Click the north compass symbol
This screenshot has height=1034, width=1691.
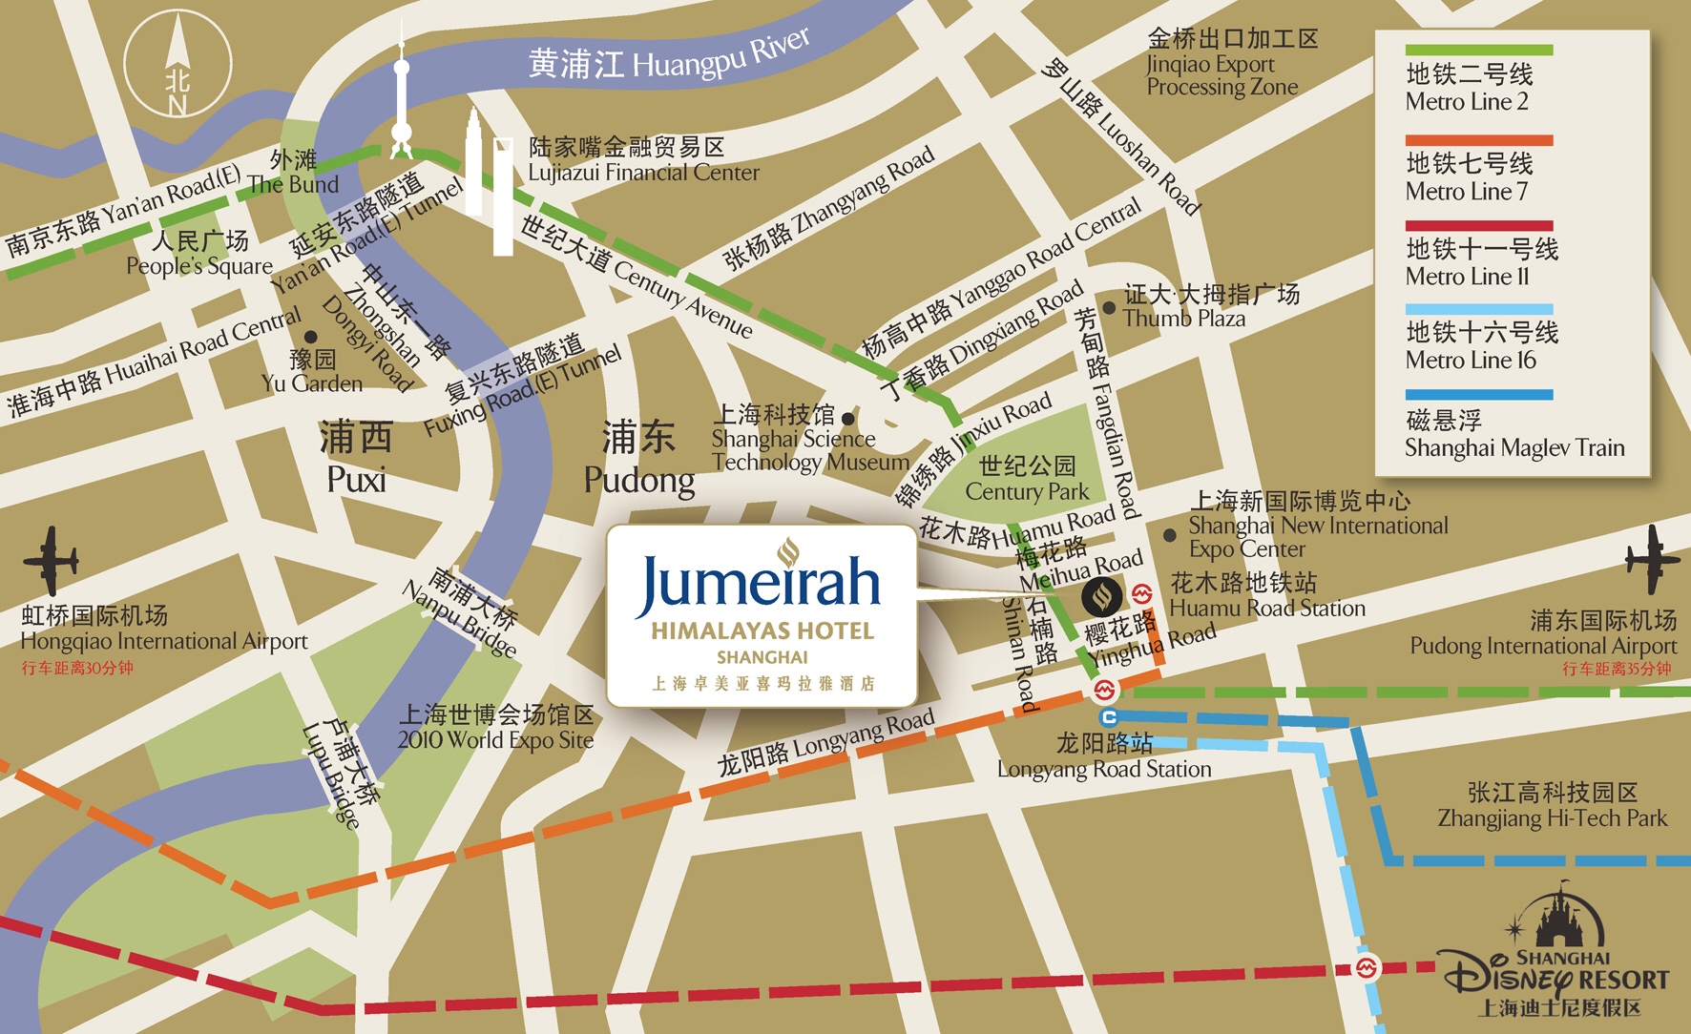click(x=177, y=63)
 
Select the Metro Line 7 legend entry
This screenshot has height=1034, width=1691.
click(x=1469, y=176)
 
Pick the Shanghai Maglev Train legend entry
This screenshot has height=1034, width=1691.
click(x=1514, y=434)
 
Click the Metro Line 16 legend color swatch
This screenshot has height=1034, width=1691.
click(x=1478, y=310)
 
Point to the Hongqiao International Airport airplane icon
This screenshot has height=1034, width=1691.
click(x=50, y=560)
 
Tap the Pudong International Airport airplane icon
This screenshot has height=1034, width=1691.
click(x=1652, y=559)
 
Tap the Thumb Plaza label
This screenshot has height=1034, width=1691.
click(x=1184, y=307)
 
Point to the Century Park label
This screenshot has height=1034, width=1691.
click(x=1027, y=479)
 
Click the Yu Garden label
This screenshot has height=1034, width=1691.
click(x=312, y=372)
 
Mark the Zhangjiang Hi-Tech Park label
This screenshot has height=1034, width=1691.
click(x=1552, y=805)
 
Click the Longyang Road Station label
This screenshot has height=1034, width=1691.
click(x=1104, y=755)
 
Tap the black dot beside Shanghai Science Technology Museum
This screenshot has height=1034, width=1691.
click(x=847, y=419)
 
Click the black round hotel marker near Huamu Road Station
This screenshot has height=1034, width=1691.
click(x=1102, y=597)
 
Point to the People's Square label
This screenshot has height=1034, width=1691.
click(x=199, y=254)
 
